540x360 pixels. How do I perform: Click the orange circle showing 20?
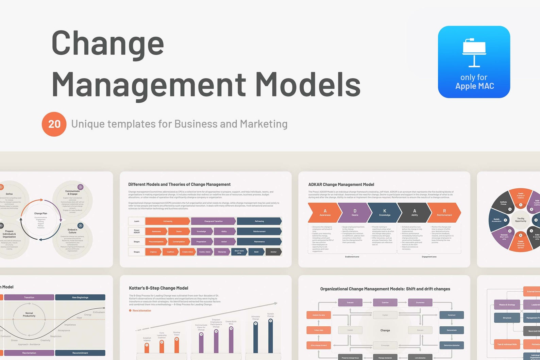pos(54,124)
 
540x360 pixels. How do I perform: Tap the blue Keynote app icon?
pos(474,62)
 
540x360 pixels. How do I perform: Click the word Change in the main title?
pos(108,44)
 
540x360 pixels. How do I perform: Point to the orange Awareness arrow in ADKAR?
pos(324,212)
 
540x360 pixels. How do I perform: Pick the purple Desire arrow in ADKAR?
pos(355,212)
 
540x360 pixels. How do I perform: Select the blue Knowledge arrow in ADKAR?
pos(385,212)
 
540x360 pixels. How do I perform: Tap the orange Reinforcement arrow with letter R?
pos(444,212)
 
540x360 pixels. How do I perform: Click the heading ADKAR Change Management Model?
pos(341,185)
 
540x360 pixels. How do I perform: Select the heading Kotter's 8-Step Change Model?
pos(158,288)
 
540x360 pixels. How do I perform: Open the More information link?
pos(142,310)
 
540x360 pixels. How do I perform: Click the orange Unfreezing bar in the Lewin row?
pos(168,221)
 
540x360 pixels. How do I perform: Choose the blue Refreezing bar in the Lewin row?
pos(259,221)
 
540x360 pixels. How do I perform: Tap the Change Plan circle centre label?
pos(40,213)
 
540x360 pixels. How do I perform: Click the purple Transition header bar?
pos(29,297)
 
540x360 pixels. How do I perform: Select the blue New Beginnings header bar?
pos(80,297)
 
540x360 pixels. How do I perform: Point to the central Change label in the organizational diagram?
pos(385,330)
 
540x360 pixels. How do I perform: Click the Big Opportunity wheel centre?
pos(520,220)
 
